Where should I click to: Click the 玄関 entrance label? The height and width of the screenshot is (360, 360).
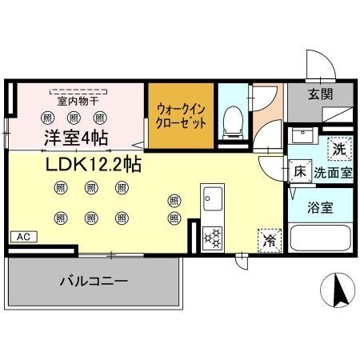coord(322,93)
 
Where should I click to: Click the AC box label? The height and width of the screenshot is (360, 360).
coord(23,237)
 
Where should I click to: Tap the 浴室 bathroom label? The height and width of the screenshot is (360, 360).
coord(322,206)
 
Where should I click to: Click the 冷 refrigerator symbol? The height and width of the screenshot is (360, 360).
coord(269,238)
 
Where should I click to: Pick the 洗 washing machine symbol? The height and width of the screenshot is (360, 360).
coord(340,147)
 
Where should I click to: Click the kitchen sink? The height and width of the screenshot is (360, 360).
coord(213,196)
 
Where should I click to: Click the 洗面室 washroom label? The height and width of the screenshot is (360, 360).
coord(333,170)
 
